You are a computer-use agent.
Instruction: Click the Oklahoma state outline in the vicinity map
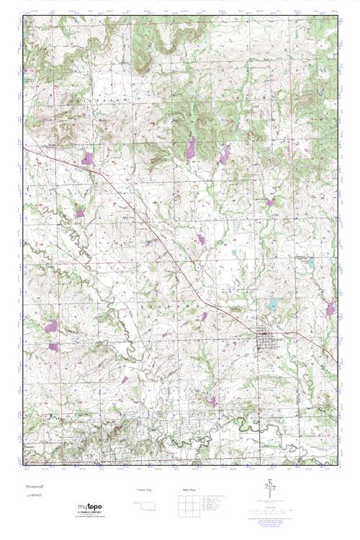(145, 505)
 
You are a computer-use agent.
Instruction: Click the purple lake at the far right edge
(330, 309)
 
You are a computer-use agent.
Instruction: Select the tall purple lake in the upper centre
(191, 148)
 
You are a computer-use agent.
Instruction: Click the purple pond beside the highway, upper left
(88, 158)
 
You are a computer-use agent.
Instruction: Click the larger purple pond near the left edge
(50, 326)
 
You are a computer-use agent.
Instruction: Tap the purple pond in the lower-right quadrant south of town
(212, 400)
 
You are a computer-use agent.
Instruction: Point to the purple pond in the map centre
(201, 238)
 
